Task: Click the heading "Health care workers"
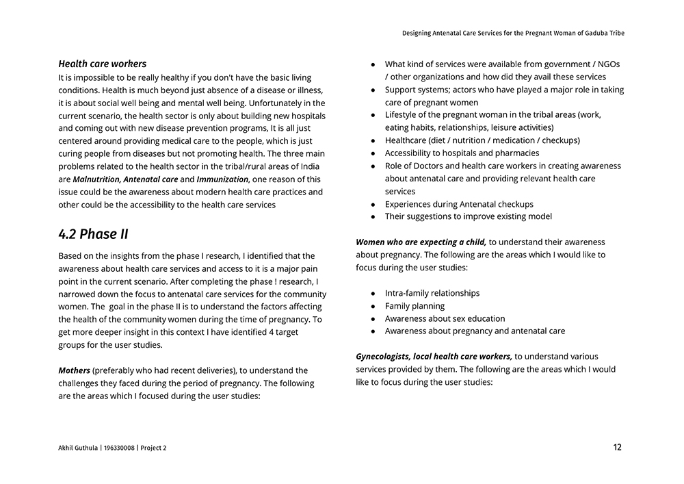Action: click(103, 64)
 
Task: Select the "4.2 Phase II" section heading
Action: click(93, 234)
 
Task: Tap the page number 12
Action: click(617, 447)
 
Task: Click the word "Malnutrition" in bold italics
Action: click(97, 179)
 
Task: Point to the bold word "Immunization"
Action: click(222, 179)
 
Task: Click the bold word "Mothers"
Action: click(75, 370)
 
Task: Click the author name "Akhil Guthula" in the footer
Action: click(79, 448)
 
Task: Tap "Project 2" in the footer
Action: click(153, 448)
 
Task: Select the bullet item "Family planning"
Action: click(415, 306)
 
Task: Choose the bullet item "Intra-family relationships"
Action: click(432, 293)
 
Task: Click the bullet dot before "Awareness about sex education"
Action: click(373, 319)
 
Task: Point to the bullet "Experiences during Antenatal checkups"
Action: click(459, 204)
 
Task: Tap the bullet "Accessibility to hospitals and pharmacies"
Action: click(462, 153)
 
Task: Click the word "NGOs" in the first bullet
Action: click(607, 64)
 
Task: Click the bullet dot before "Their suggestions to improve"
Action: click(373, 217)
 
